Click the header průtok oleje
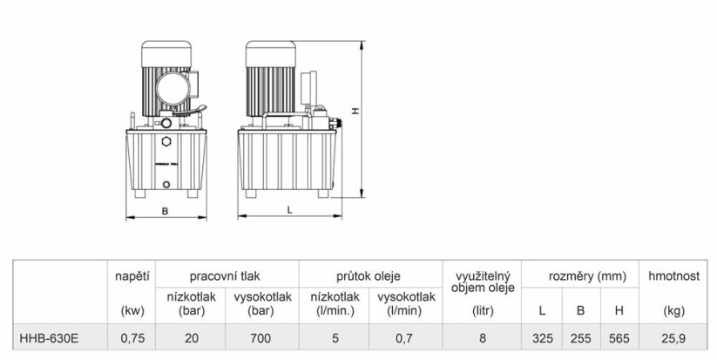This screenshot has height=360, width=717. pos(369,276)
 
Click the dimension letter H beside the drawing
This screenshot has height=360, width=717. pos(355,112)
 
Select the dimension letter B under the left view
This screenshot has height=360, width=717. pos(166,211)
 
